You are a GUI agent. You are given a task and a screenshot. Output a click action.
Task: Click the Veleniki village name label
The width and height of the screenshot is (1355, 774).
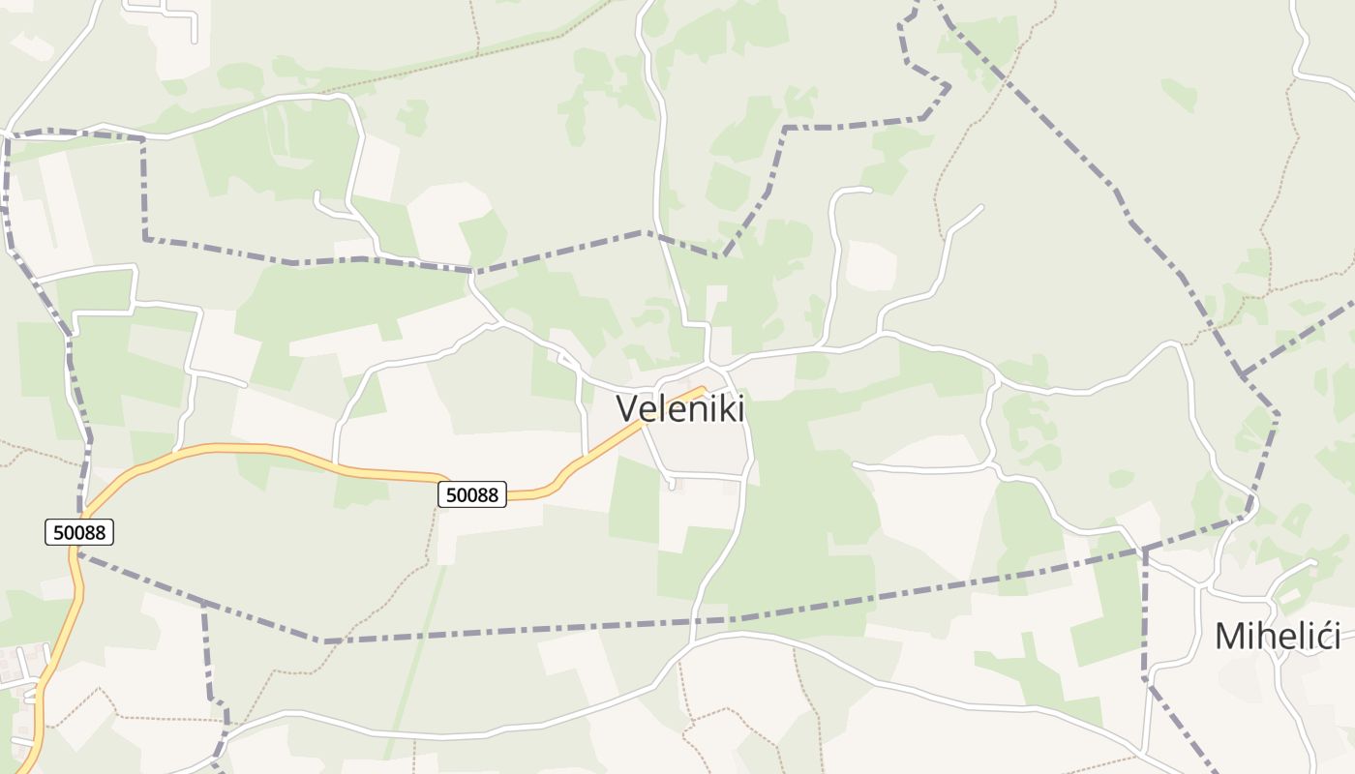tap(680, 408)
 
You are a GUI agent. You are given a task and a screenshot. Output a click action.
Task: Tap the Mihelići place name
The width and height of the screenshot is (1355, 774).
tap(1278, 637)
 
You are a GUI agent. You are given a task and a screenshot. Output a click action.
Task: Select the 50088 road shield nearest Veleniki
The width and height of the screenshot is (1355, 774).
tap(473, 495)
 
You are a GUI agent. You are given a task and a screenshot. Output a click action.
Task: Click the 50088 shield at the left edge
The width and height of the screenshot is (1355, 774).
tap(79, 532)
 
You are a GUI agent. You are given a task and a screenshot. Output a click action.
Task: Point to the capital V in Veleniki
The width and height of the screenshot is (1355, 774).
tap(627, 408)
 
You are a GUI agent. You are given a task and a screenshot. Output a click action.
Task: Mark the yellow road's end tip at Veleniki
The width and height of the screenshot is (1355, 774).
tap(703, 389)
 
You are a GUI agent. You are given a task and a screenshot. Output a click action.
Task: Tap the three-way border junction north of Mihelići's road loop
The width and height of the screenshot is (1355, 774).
tap(1242, 374)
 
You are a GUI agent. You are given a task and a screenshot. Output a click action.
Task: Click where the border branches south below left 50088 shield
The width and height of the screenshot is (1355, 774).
tap(203, 604)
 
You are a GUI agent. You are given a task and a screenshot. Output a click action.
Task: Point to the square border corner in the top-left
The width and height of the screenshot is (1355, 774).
tap(144, 140)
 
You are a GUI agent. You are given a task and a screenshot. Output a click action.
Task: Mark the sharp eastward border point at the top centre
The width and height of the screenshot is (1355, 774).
tap(948, 86)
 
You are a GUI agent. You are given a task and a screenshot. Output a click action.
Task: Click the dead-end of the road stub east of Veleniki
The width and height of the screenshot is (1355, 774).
tap(855, 465)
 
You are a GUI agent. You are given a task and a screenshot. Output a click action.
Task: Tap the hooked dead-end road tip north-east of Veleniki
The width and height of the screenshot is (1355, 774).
tap(869, 190)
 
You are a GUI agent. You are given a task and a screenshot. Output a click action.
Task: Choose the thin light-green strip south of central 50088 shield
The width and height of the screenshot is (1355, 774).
tap(416, 658)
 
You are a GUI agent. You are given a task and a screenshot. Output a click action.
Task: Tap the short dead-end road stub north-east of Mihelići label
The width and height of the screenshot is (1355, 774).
tap(1314, 561)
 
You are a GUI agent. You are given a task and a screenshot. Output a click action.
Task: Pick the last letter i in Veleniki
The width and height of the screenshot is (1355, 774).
tap(739, 408)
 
